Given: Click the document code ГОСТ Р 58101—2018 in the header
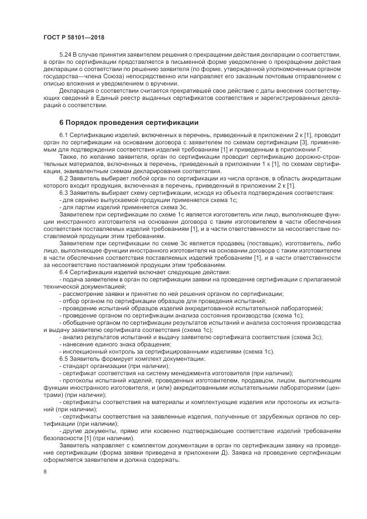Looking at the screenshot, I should click(73, 38).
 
